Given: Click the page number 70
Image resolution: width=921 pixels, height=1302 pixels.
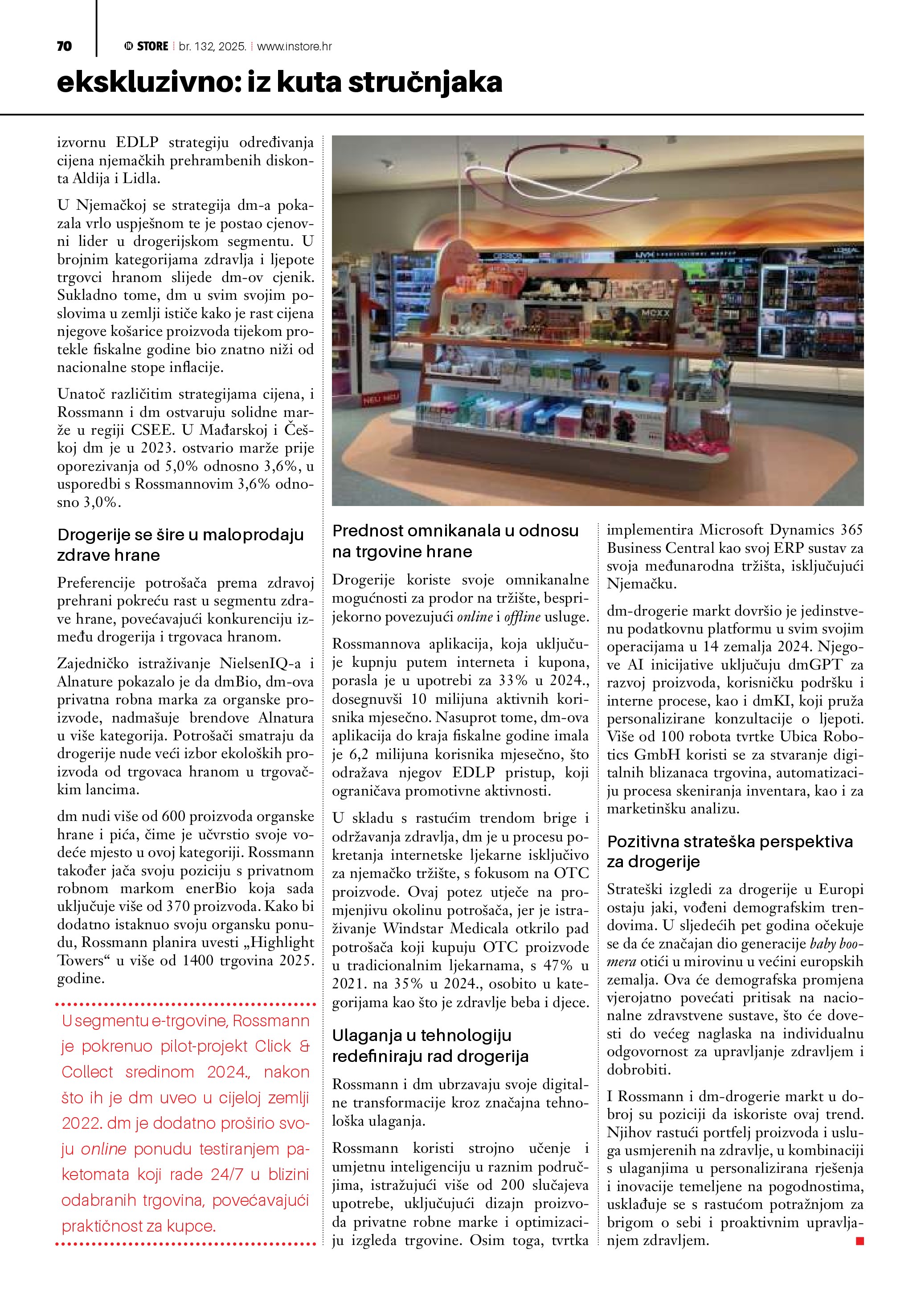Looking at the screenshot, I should coord(64,46).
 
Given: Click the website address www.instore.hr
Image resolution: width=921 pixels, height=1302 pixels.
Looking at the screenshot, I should coord(295,46).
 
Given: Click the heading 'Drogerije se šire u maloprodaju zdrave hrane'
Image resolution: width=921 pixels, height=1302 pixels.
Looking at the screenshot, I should coord(180,544).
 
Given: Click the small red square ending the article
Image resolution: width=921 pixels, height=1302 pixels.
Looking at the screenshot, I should coord(859,1241).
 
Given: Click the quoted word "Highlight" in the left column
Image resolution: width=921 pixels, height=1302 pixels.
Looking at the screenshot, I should coord(282,942).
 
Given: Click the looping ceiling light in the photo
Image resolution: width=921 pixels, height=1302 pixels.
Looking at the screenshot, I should coord(573,170).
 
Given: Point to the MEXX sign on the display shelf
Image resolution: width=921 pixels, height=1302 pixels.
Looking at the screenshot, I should coord(655,313).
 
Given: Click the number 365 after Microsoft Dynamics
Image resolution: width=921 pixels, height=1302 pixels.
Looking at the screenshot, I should coord(851,530).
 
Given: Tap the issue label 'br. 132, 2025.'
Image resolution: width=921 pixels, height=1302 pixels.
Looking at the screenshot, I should coord(212,46).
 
